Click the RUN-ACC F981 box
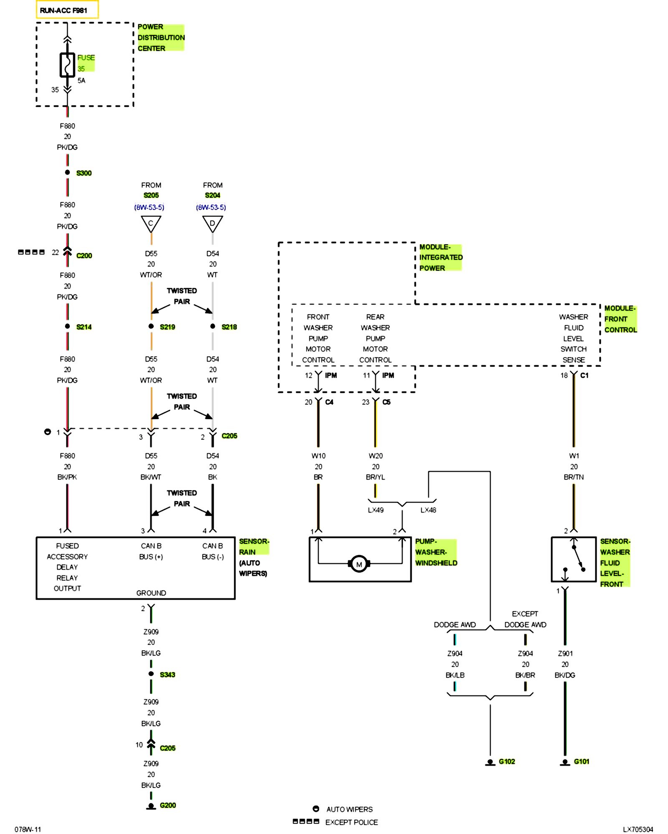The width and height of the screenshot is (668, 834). [x=67, y=10]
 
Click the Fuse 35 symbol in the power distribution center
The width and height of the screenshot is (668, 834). [x=67, y=65]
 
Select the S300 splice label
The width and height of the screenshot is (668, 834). [x=84, y=173]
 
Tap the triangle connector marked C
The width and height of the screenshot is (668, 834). [x=151, y=224]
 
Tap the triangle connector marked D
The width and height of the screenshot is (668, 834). [x=213, y=224]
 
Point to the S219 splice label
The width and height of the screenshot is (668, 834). [x=167, y=327]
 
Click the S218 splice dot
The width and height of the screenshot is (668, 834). [x=213, y=326]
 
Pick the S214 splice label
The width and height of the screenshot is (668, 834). [x=84, y=327]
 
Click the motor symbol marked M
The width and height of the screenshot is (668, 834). [x=359, y=564]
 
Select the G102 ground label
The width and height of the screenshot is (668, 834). [x=507, y=761]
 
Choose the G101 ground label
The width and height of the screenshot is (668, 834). [x=582, y=761]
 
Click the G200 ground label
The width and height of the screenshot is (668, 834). [x=168, y=805]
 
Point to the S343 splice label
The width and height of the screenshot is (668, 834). [x=167, y=675]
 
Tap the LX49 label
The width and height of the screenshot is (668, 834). [x=376, y=510]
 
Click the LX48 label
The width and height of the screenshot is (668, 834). [x=428, y=510]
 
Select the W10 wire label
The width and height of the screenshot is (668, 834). [x=318, y=456]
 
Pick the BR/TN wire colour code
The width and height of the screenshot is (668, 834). [x=574, y=477]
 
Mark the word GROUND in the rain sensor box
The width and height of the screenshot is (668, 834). [x=151, y=593]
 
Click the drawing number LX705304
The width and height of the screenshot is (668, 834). [x=638, y=829]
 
